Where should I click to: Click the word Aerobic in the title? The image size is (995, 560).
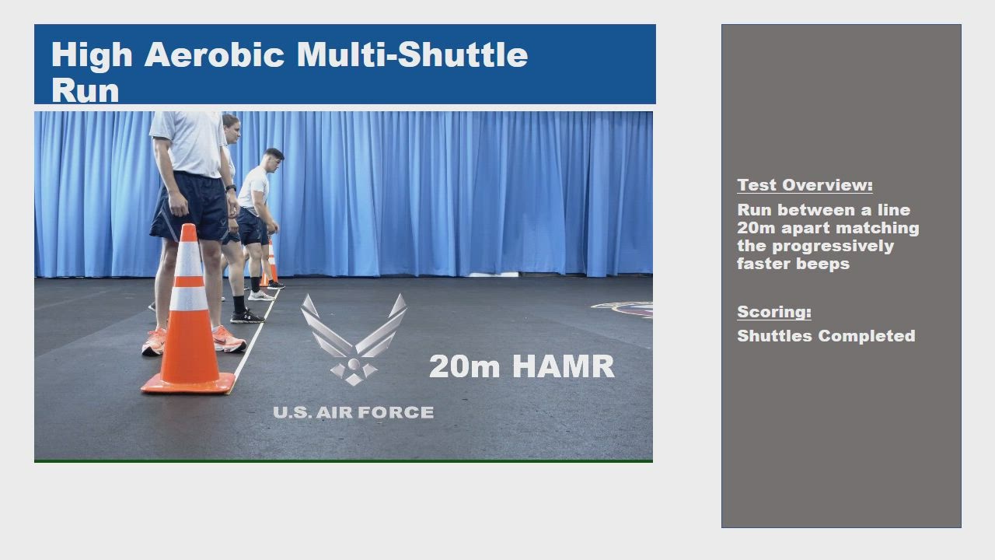click(214, 54)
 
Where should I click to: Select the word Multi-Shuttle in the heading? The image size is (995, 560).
click(412, 54)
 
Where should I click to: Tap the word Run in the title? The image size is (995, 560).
click(86, 91)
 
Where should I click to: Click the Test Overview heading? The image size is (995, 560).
click(805, 185)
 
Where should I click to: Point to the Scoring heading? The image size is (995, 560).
click(774, 312)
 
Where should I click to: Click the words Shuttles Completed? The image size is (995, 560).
click(826, 336)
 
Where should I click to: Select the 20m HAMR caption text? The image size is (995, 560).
click(522, 366)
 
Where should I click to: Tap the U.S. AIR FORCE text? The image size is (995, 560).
click(354, 412)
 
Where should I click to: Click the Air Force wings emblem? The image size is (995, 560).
click(354, 340)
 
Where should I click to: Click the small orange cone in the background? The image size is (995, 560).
click(270, 264)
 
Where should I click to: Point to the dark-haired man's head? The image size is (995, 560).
click(274, 160)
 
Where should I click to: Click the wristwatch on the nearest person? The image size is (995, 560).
click(231, 188)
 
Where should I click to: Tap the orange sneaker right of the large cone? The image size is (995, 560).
click(229, 340)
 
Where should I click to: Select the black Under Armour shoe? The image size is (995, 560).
click(246, 317)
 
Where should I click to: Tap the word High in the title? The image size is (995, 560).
click(92, 55)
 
